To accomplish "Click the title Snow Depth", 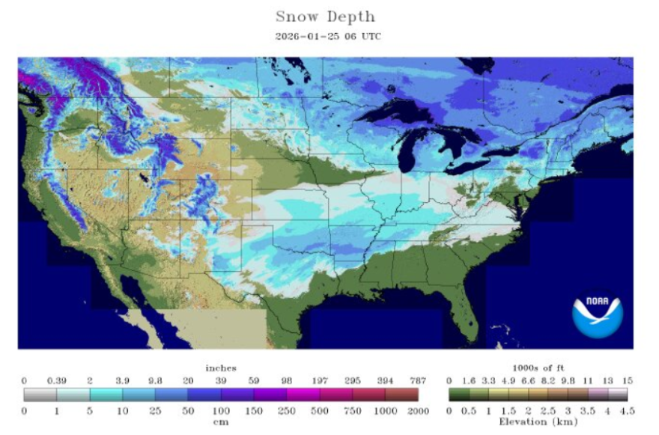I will pyautogui.click(x=325, y=16).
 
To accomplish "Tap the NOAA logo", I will pyautogui.click(x=598, y=312).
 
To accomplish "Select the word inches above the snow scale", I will pyautogui.click(x=221, y=368).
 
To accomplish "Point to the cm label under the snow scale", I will pyautogui.click(x=221, y=421).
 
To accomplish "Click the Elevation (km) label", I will pyautogui.click(x=539, y=421).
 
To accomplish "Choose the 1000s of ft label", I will pyautogui.click(x=539, y=368).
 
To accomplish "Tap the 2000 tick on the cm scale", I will pyautogui.click(x=419, y=410).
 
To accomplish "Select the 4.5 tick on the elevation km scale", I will pyautogui.click(x=628, y=410).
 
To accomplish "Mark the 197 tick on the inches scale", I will pyautogui.click(x=320, y=380).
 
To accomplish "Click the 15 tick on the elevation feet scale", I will pyautogui.click(x=628, y=380).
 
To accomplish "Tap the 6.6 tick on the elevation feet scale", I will pyautogui.click(x=529, y=380).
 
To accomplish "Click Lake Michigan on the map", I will pyautogui.click(x=408, y=150).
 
